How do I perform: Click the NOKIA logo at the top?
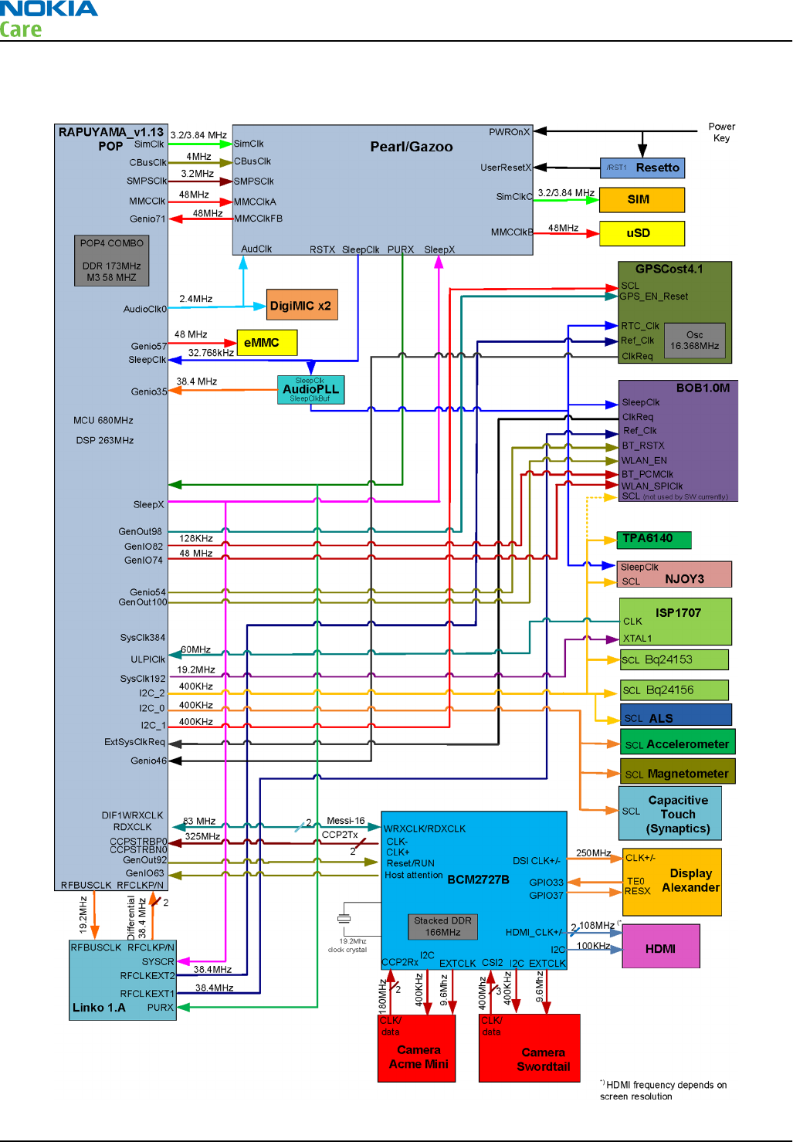point(49,9)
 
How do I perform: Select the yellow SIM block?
point(642,199)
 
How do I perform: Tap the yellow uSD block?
point(642,233)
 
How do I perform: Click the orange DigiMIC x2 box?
point(302,305)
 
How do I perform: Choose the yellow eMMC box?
point(266,343)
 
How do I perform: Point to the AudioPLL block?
point(310,390)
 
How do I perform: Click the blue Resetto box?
point(642,168)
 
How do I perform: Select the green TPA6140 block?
point(654,539)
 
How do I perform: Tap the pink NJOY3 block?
point(675,574)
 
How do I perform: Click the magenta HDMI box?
point(661,947)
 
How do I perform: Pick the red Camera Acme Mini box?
point(417,1049)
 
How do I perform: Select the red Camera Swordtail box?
point(530,1049)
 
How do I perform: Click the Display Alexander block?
point(672,882)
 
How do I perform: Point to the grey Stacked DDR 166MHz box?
point(442,927)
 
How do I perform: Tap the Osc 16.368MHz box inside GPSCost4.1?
point(694,341)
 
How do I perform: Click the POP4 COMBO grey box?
point(112,260)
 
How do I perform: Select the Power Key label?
point(721,132)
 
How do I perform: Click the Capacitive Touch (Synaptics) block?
point(670,814)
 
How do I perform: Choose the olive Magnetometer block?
point(677,772)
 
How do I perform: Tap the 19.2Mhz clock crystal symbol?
point(344,919)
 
